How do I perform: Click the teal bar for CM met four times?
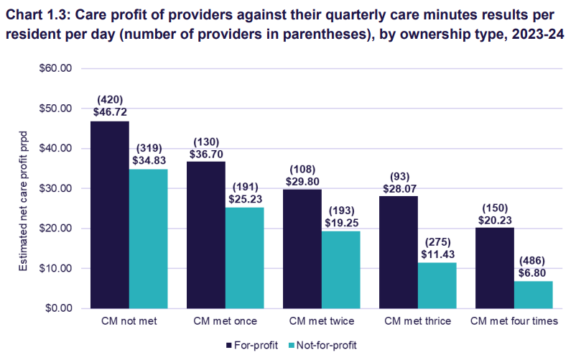(533, 294)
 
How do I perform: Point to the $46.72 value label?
(109, 113)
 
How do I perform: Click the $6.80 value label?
(533, 273)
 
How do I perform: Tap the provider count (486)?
(533, 261)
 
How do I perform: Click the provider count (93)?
(398, 175)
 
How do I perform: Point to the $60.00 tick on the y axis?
(56, 69)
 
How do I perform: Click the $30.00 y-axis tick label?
(56, 188)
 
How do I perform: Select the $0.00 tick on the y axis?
(59, 308)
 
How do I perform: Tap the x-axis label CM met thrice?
(417, 321)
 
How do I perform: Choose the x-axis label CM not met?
(129, 321)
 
